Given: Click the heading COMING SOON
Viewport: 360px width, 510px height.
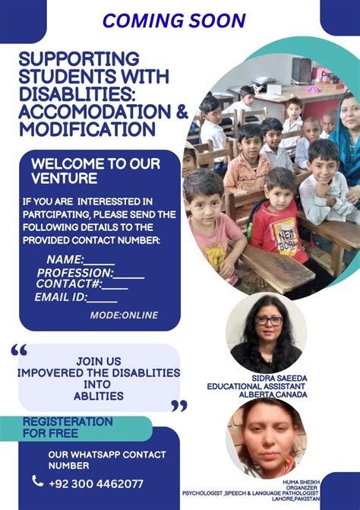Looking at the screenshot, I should click(x=174, y=21).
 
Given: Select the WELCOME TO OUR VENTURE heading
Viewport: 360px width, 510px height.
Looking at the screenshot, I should click(x=84, y=171).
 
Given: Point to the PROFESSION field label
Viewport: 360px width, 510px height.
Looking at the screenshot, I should click(x=74, y=273).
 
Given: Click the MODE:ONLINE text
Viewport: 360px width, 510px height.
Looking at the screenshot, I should click(x=124, y=315).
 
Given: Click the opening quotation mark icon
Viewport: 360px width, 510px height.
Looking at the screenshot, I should click(x=19, y=350).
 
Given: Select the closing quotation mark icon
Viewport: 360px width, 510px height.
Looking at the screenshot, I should click(x=178, y=406).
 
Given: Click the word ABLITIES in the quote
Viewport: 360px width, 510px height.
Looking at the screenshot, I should click(x=99, y=396).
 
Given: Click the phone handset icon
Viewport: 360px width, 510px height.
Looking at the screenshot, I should click(x=38, y=481).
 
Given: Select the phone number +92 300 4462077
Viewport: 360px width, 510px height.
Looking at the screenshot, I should click(x=96, y=483).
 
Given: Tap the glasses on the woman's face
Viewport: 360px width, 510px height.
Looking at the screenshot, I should click(x=268, y=321).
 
